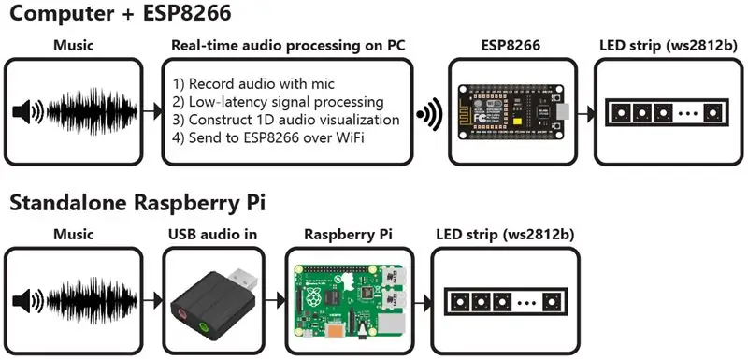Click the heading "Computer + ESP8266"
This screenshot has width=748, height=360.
point(121,13)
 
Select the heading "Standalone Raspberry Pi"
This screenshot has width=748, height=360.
point(137,203)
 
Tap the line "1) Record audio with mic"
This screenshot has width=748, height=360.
point(253,84)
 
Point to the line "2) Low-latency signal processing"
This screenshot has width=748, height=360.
point(278,102)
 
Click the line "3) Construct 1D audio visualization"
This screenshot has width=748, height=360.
point(286,120)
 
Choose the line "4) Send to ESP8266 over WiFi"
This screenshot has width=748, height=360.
point(268,137)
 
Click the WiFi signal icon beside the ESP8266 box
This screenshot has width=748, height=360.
point(429,114)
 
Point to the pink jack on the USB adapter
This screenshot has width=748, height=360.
point(182,313)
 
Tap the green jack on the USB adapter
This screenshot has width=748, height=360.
point(203,327)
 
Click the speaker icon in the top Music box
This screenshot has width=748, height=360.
point(28,112)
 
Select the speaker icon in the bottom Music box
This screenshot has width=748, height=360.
point(28,301)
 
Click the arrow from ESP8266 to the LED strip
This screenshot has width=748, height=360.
point(586,114)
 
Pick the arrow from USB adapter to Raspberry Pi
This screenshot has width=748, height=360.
point(276,301)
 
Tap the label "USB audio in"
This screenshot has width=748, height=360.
point(213,235)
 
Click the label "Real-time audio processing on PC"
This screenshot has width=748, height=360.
point(288,46)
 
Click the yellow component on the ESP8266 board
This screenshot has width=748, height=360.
point(515,122)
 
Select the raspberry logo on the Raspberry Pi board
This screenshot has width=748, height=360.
point(313,298)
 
